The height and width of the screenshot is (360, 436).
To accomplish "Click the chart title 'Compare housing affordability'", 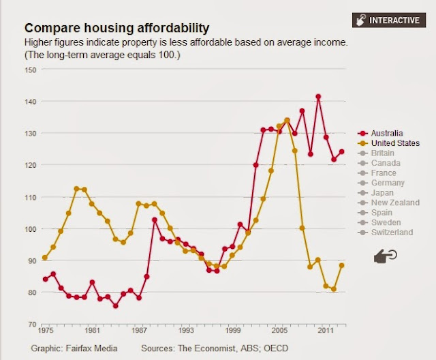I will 116,29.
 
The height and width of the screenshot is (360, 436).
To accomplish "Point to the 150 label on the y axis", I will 31,70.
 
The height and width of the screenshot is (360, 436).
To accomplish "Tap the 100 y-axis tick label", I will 31,229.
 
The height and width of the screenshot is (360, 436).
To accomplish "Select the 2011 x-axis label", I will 326,330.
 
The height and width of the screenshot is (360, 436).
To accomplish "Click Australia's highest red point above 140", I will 318,97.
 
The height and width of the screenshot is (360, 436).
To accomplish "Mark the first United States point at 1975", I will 45,258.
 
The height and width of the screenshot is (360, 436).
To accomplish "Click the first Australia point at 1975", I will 45,279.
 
